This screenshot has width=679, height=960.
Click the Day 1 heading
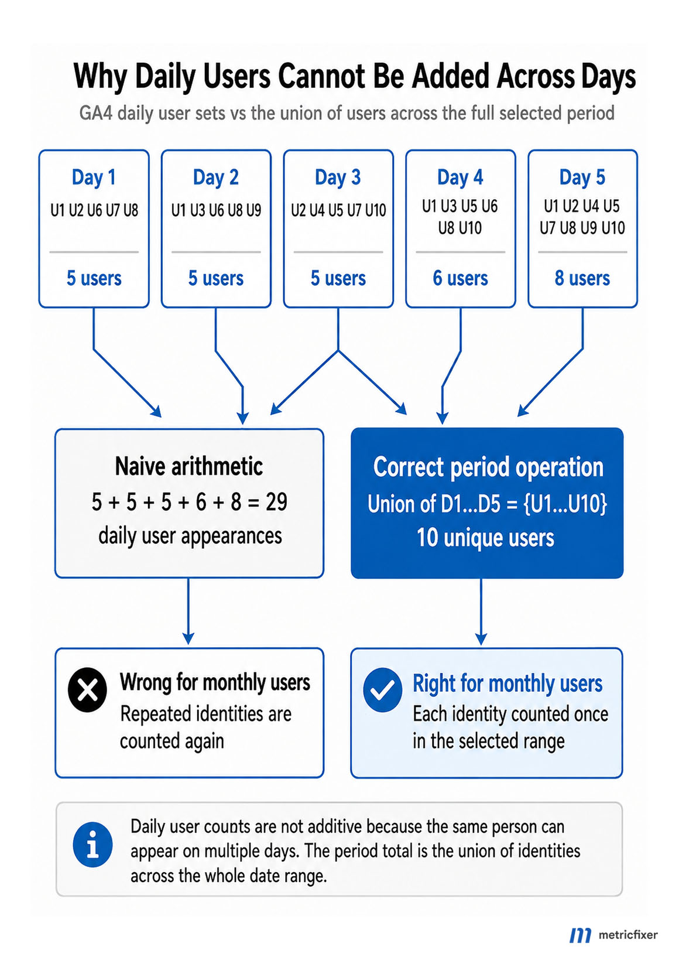click(x=94, y=177)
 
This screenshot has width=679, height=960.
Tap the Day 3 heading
click(x=338, y=177)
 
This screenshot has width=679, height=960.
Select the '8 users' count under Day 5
click(x=582, y=278)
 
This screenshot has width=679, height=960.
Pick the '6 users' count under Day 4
click(x=461, y=278)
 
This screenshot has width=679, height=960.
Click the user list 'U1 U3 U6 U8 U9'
click(x=217, y=210)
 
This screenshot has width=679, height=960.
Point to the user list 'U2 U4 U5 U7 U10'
click(x=338, y=210)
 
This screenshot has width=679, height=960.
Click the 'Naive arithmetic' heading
click(x=189, y=466)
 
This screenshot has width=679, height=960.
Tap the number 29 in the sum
click(x=276, y=502)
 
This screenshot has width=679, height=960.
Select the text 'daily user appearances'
click(x=190, y=536)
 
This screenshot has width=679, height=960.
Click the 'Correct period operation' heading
click(x=488, y=467)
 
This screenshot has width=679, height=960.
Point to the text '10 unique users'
click(x=485, y=538)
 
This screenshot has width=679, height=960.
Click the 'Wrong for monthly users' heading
click(x=215, y=682)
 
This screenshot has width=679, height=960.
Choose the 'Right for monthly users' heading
click(x=507, y=683)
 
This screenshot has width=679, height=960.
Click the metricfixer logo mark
click(x=581, y=935)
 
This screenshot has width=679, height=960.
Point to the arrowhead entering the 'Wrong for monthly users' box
click(x=188, y=638)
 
